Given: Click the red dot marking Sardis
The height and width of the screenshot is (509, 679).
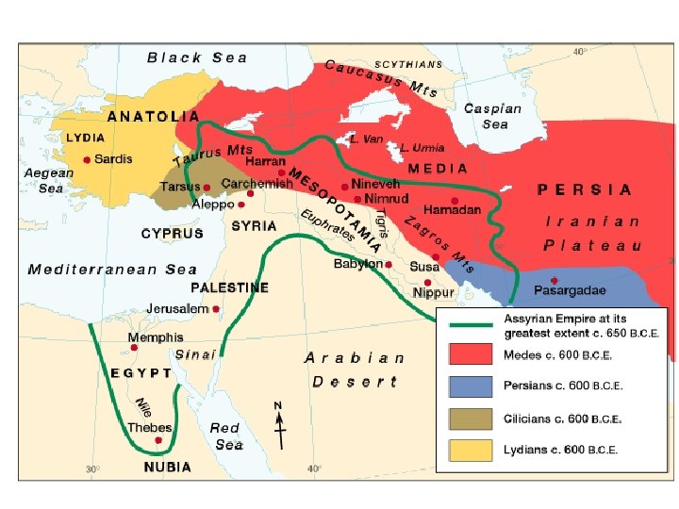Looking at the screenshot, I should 87,160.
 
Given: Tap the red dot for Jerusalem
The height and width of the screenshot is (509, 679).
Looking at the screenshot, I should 216,308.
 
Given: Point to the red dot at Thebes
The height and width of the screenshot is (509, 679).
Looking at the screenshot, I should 158,439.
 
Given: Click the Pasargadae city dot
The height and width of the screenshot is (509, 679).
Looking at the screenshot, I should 554,280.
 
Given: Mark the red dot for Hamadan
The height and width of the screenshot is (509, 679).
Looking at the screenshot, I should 455,201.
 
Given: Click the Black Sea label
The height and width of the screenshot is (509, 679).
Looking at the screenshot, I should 197,57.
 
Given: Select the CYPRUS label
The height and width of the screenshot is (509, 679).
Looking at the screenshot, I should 172,233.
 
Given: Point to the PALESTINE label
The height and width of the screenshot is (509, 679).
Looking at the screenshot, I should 230,287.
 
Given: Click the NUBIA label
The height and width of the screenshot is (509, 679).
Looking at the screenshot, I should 167,467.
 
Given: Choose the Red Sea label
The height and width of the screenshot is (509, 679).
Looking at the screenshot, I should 226,435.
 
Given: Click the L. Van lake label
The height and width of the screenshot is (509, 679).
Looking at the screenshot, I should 366,138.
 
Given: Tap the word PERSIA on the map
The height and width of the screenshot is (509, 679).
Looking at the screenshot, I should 585,189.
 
